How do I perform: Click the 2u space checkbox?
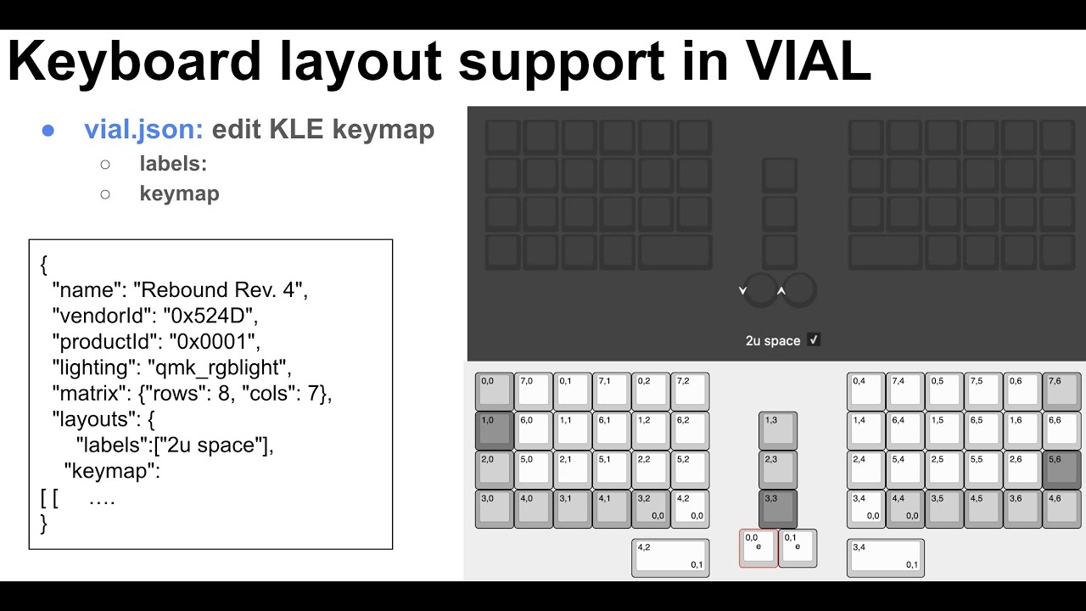click(814, 340)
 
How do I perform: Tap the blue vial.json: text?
click(143, 130)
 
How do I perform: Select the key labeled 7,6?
click(1061, 391)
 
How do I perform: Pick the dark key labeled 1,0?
click(495, 430)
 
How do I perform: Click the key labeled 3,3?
click(778, 508)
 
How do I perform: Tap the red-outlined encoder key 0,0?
click(759, 548)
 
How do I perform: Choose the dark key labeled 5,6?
click(1061, 469)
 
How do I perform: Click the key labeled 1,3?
click(778, 430)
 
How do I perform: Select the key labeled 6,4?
click(905, 430)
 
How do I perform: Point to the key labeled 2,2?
click(651, 469)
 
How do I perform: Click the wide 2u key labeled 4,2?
click(670, 558)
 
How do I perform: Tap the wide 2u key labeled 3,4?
click(886, 558)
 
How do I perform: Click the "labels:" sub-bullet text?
click(173, 164)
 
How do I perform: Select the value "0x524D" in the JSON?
click(203, 316)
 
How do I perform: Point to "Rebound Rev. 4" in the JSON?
click(217, 290)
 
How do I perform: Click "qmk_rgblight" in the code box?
click(219, 367)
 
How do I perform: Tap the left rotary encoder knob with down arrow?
click(760, 290)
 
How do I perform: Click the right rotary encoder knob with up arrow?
click(798, 290)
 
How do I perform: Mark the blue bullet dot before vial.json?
click(48, 130)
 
